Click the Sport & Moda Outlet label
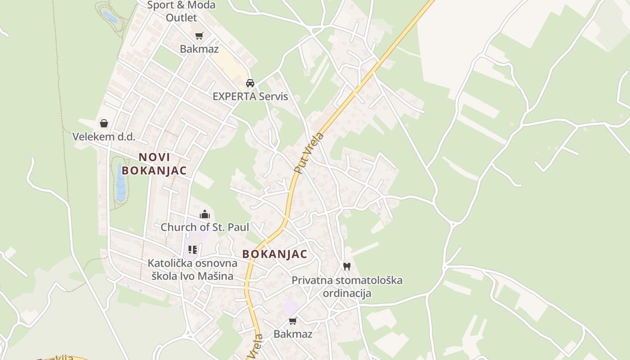coord(181,11)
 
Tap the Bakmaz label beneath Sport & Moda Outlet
coord(199,49)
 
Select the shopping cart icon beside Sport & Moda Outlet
coord(199,36)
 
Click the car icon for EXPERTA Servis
coord(250,83)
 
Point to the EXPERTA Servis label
coord(250,96)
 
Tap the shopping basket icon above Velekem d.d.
coord(104,123)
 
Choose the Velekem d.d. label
coord(104,137)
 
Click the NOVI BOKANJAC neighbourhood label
coord(154,164)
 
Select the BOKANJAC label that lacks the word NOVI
coord(274,254)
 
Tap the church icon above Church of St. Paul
coord(205,214)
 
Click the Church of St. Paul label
coord(205,227)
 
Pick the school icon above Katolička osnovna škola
coord(193,250)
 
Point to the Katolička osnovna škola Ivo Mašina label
coord(193,269)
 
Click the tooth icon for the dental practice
coord(346,266)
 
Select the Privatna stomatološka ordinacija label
coord(347,287)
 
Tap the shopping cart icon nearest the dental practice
coord(293,321)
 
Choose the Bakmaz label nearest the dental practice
coord(293,334)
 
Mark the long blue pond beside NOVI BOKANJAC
coord(121,182)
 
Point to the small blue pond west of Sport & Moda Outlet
coord(110,17)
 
